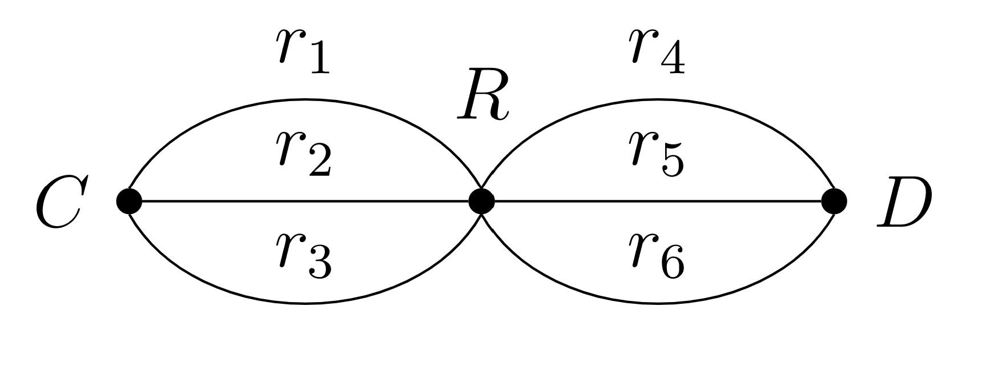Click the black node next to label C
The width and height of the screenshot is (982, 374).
pos(129,201)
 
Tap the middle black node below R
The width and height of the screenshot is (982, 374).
pos(481,201)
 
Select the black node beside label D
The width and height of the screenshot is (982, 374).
pos(834,201)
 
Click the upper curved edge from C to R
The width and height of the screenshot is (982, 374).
pos(305,100)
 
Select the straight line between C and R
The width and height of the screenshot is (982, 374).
pos(228,201)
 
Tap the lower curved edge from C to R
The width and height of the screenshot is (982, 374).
pos(305,303)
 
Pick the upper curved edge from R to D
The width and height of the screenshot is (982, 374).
pos(658,100)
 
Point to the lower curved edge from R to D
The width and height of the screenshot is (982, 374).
pos(658,303)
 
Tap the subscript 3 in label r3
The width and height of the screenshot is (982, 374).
pos(317,266)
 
